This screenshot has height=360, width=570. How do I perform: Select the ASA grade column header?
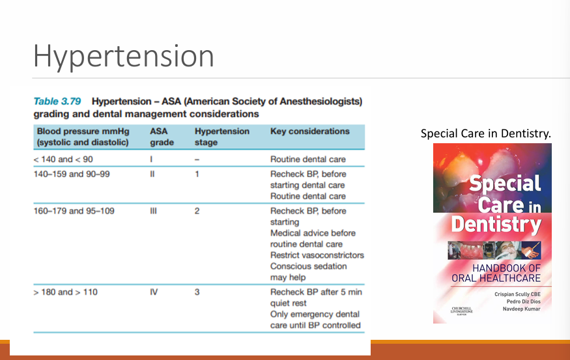tap(162, 137)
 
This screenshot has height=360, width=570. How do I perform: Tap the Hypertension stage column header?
tap(221, 137)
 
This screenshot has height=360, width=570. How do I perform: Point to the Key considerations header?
tap(309, 131)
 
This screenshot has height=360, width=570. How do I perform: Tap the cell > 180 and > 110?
tap(65, 292)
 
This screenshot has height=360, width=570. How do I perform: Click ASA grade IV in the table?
tap(154, 292)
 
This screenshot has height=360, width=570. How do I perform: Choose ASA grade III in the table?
tap(154, 211)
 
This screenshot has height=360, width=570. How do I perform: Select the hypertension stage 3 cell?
tap(197, 292)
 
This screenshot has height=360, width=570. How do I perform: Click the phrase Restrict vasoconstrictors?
tap(317, 255)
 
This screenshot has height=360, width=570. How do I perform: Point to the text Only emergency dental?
tap(315, 314)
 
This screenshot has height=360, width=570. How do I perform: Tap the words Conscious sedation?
tap(308, 266)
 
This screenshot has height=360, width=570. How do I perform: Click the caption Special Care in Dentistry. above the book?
tap(486, 134)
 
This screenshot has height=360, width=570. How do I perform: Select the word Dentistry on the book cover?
tap(496, 225)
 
